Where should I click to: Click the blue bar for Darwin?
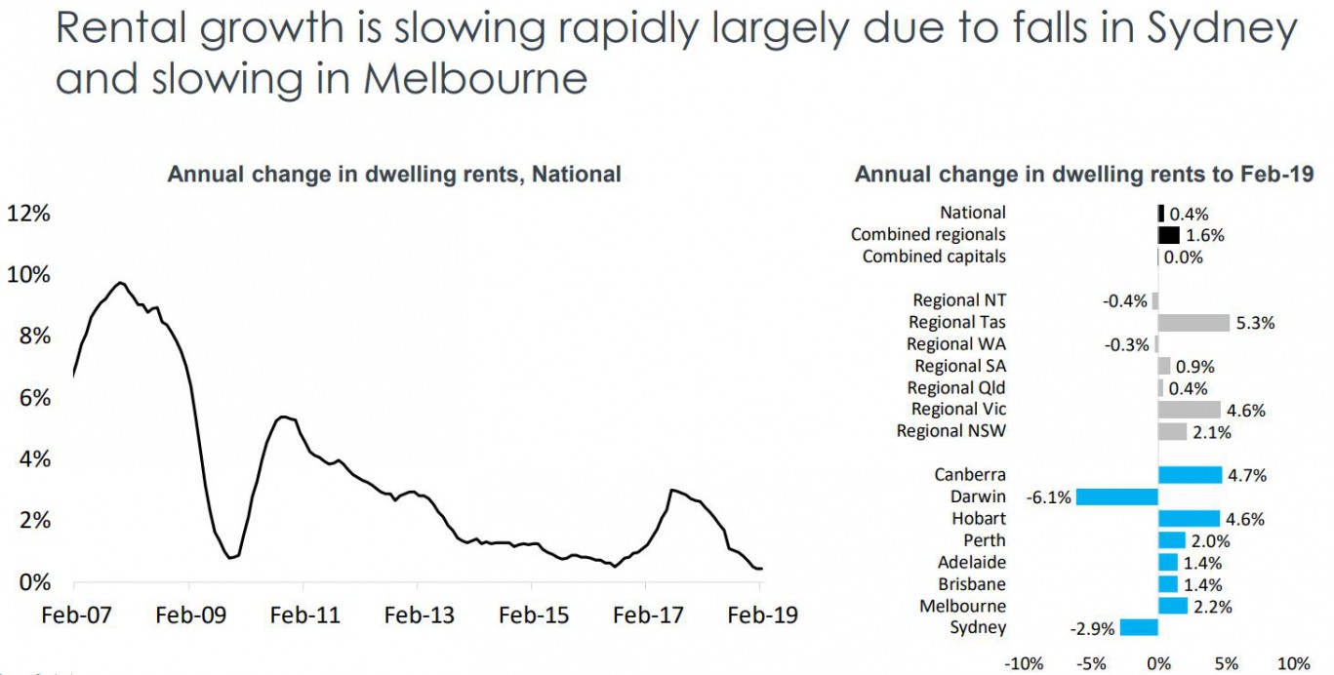coord(1116,496)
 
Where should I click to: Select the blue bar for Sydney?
coord(1139,627)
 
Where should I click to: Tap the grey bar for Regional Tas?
coord(1193,323)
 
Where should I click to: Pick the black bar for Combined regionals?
coord(1169,235)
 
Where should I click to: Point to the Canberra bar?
coord(1190,475)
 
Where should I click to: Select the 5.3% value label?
coord(1256,323)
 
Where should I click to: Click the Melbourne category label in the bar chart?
coord(962,606)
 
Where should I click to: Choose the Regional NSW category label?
coord(951,431)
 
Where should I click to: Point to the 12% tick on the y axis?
coord(28,213)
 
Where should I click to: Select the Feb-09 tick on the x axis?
coord(188,615)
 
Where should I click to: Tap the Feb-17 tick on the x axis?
coord(646,615)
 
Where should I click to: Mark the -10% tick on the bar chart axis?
coord(1024,664)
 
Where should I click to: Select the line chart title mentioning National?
coord(394,175)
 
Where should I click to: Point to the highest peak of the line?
coord(120,283)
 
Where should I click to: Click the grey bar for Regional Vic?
coord(1189,410)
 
